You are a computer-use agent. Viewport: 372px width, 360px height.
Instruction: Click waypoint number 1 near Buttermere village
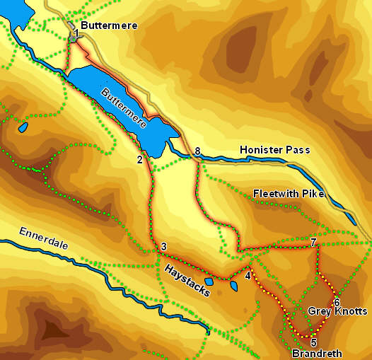[75, 33]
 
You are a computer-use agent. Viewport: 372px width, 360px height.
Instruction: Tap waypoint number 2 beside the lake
[140, 160]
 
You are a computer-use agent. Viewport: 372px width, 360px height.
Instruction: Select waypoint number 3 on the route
[163, 247]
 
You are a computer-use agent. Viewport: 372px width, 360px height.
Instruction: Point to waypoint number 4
[248, 276]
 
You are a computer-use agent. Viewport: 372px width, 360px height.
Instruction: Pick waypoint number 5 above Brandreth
[313, 342]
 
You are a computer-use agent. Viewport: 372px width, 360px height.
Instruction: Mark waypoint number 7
[313, 243]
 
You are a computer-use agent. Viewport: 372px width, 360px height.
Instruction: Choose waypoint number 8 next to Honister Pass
[197, 151]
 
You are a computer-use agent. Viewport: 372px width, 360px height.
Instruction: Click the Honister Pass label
[274, 150]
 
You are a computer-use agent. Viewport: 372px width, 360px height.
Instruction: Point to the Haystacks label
[187, 280]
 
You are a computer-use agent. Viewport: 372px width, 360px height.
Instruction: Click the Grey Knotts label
[337, 311]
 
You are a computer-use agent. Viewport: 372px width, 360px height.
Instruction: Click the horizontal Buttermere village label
[109, 25]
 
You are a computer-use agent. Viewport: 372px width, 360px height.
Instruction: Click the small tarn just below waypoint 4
[234, 286]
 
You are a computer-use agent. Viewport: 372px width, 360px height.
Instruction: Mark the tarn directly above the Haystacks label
[209, 281]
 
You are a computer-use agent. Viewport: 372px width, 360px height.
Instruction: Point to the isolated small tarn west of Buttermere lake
[23, 128]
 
